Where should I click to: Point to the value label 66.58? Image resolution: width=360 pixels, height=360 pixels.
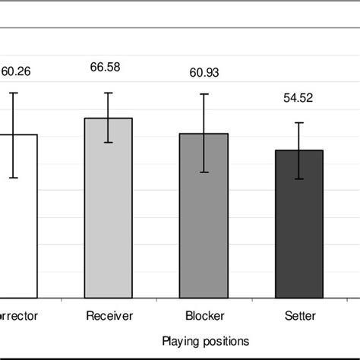pos(109,68)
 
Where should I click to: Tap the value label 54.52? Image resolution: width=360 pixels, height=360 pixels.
pos(298,98)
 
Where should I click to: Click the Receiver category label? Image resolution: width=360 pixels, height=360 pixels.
pos(109,315)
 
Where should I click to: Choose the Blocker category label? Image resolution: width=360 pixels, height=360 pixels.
pos(204,315)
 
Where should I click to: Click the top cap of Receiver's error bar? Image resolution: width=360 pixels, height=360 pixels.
pos(109,93)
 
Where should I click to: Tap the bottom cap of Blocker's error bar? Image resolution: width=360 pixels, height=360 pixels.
pos(204,172)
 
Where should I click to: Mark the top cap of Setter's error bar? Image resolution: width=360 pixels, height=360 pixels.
pos(298,122)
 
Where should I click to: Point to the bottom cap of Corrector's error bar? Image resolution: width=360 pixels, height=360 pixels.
pos(13,178)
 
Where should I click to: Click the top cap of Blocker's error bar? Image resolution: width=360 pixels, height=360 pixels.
pos(204,94)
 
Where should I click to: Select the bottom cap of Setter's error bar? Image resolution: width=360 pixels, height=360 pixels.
pos(298,178)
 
